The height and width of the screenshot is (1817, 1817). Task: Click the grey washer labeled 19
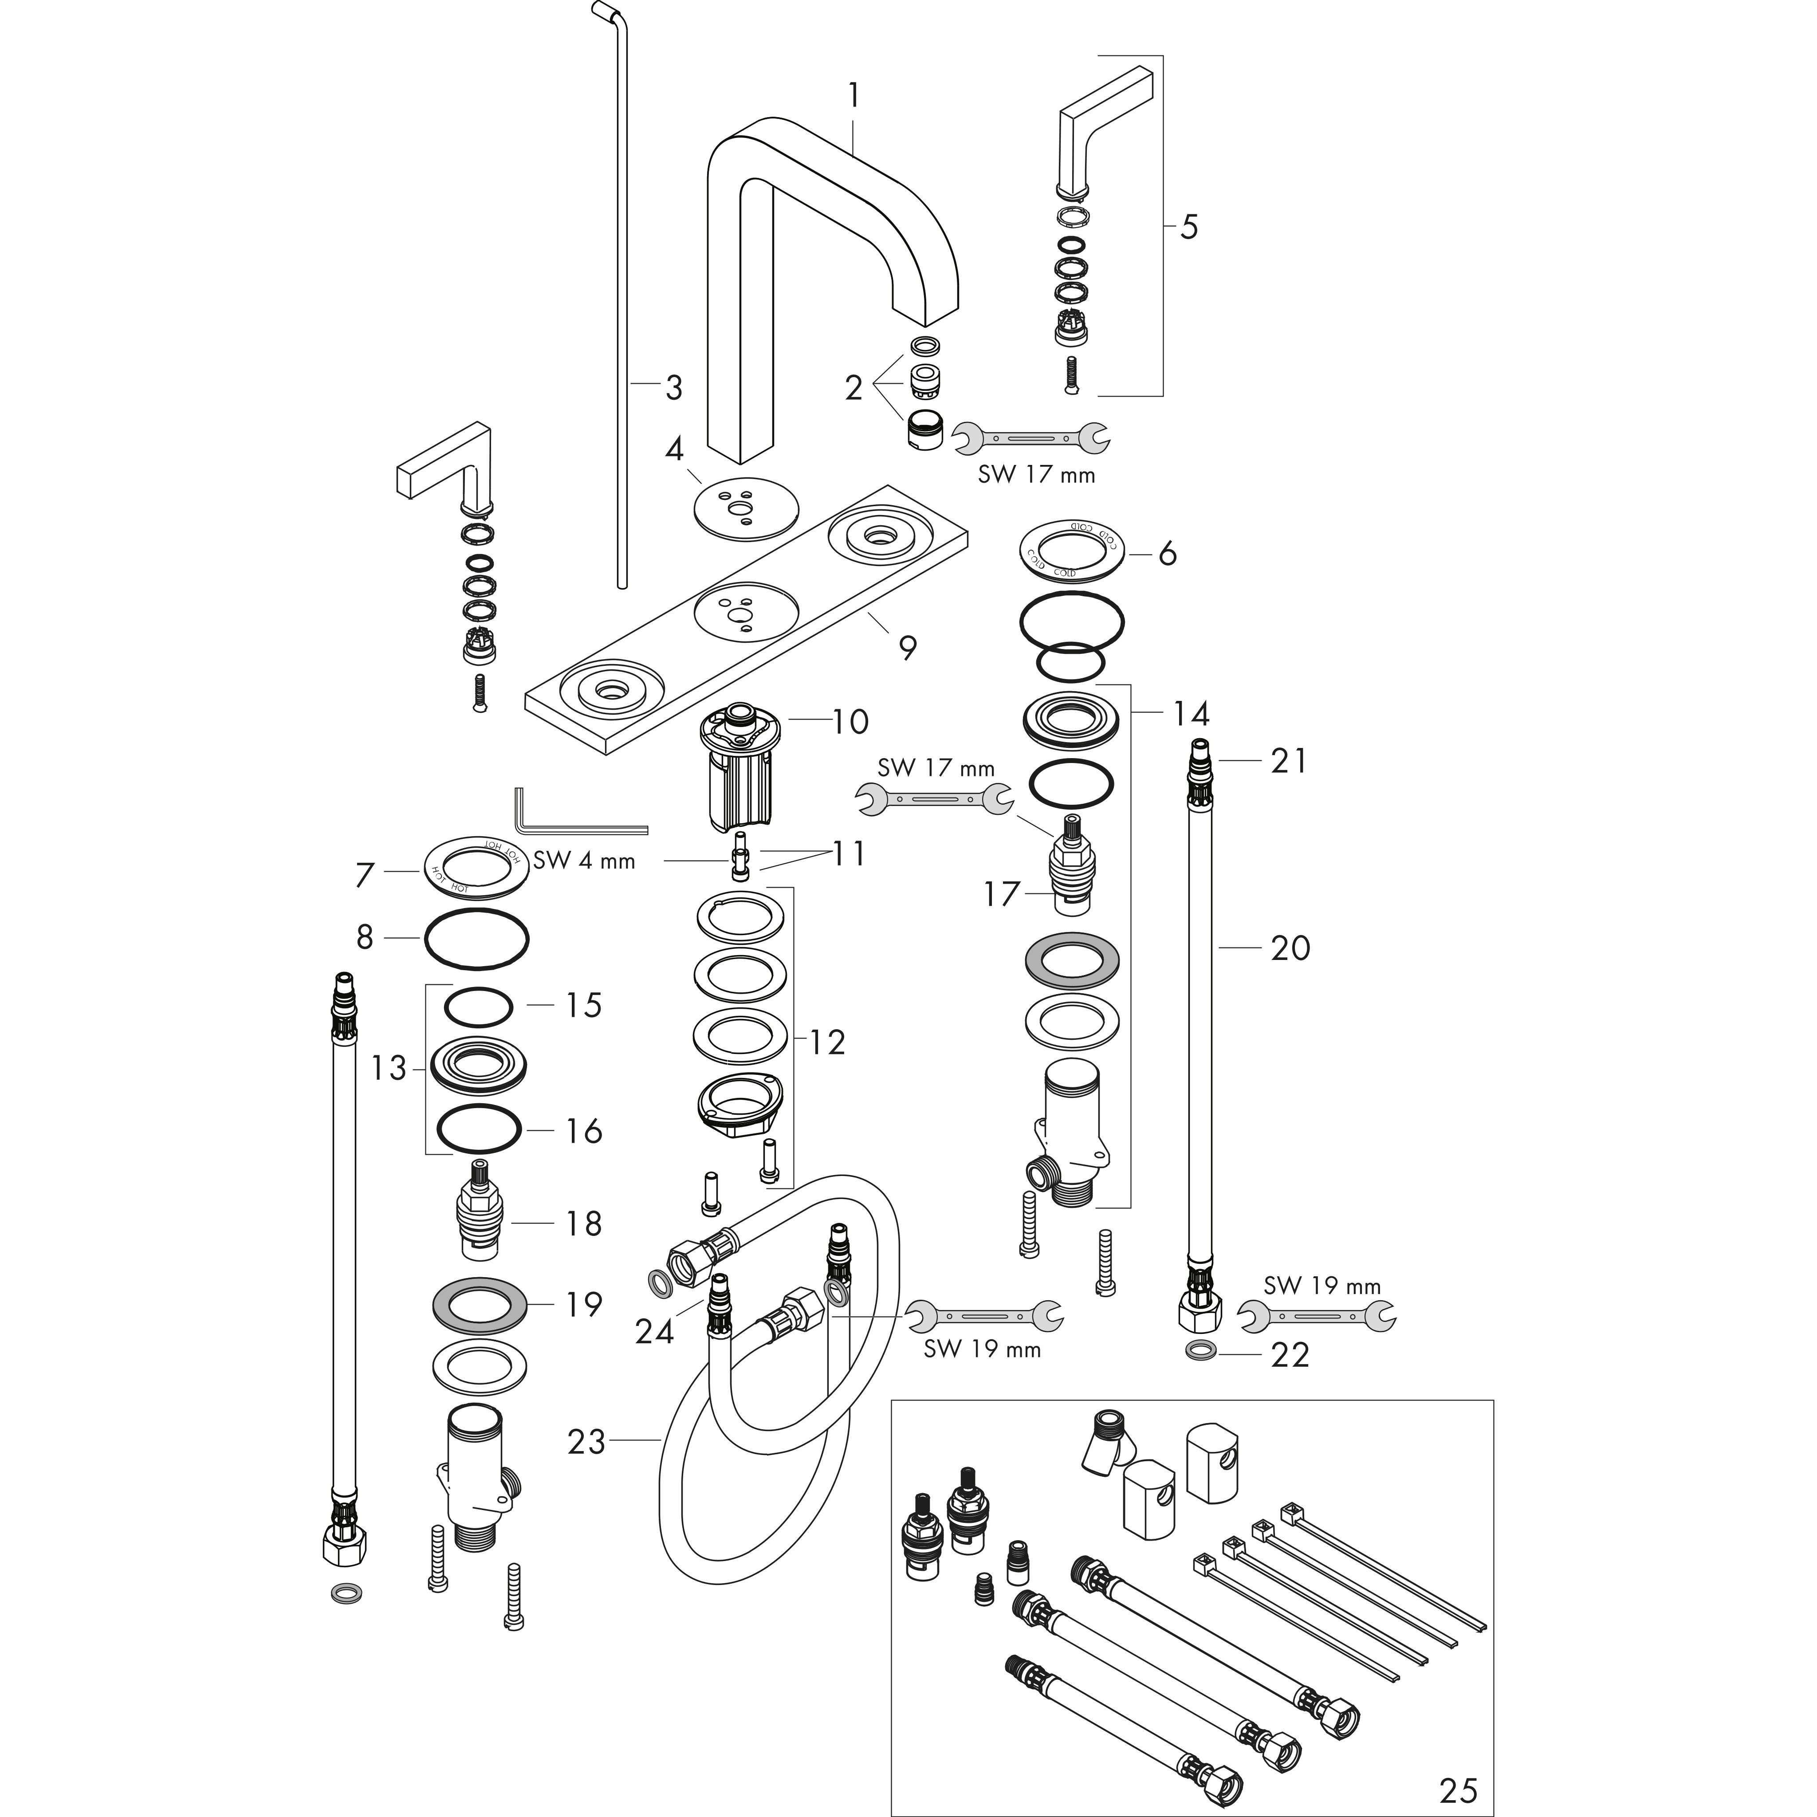pos(480,1305)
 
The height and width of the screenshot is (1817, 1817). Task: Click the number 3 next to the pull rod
pos(673,386)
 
